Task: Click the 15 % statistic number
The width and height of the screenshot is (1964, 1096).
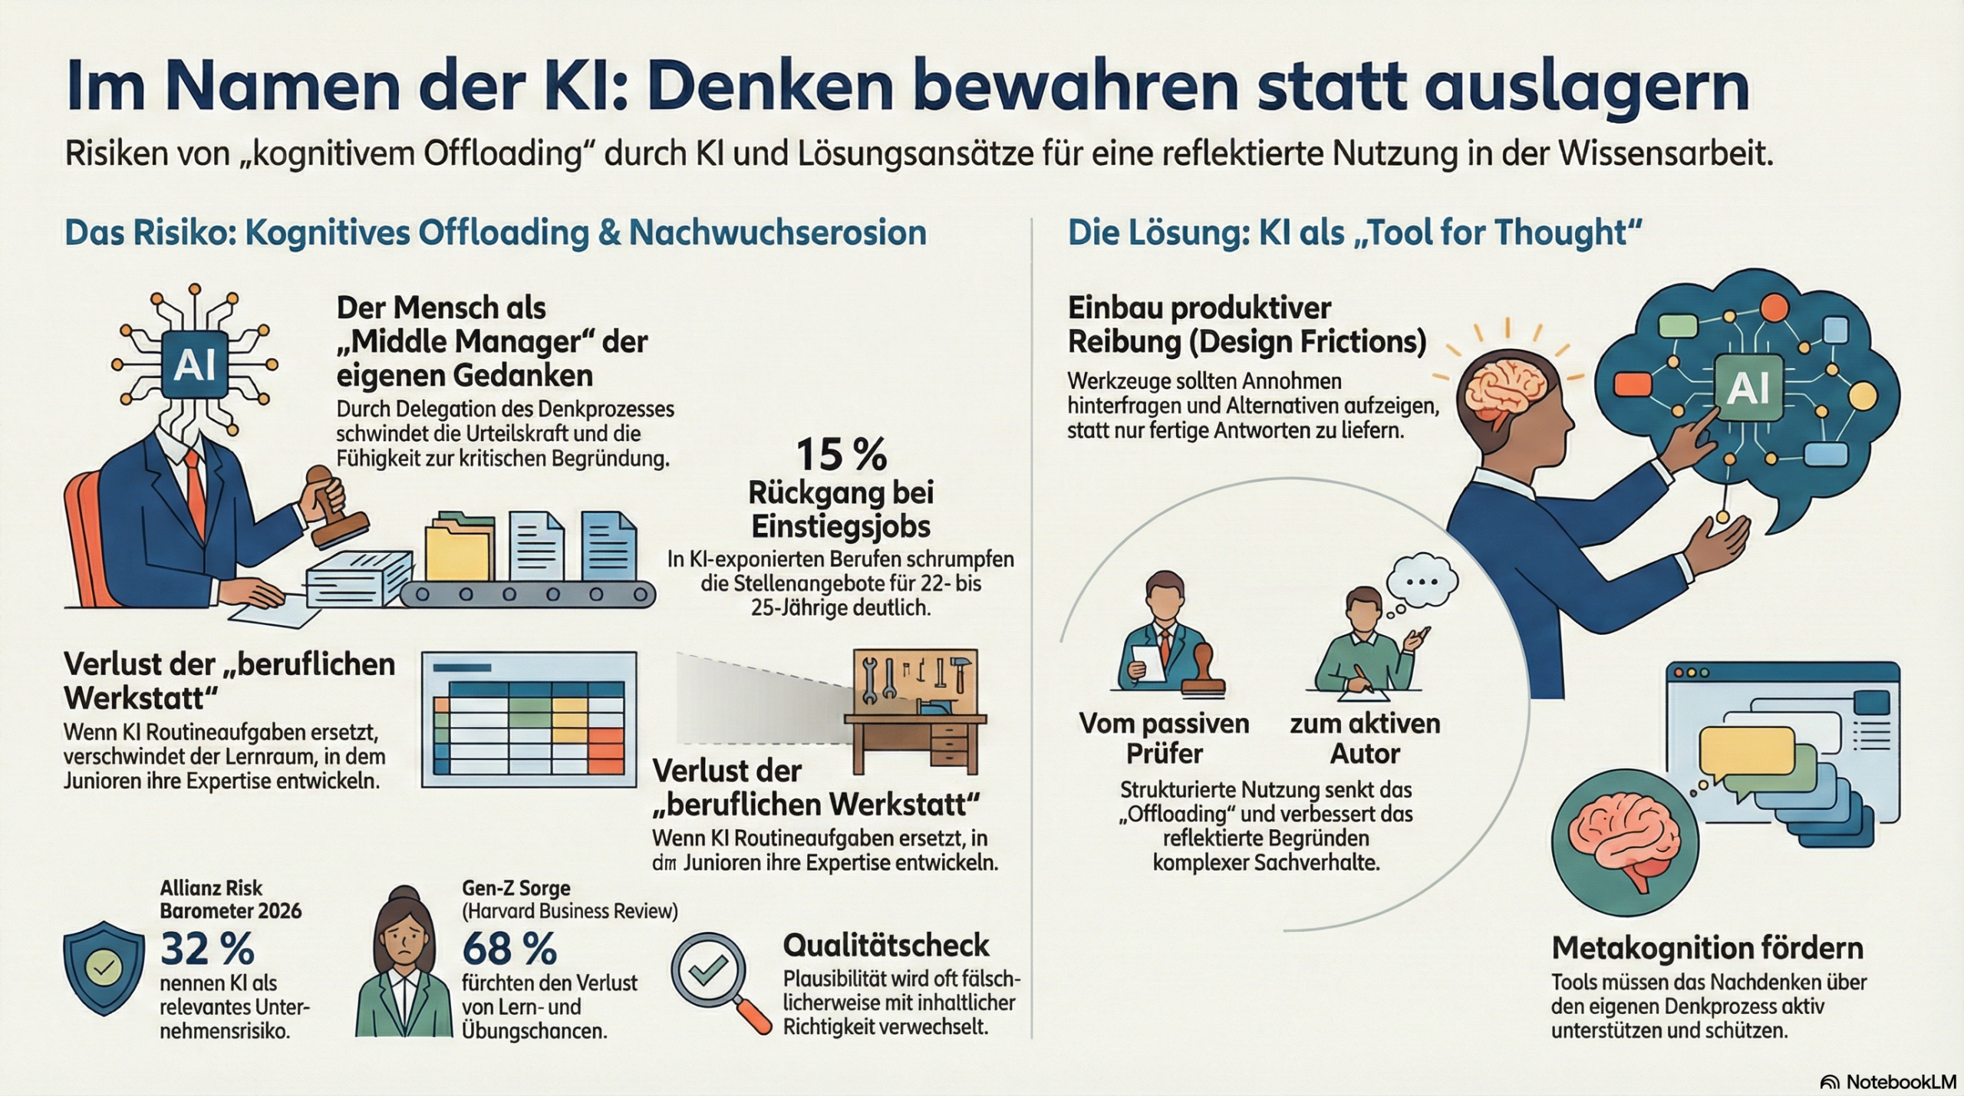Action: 841,455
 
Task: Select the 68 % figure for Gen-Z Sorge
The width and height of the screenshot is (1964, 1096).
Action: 509,949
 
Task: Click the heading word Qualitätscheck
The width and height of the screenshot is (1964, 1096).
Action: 886,946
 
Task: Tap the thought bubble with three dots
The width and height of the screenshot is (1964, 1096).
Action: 1422,582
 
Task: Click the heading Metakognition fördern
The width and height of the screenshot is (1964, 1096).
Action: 1707,949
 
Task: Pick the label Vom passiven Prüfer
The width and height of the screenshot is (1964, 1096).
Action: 1164,738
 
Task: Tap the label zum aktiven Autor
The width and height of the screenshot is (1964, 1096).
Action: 1365,738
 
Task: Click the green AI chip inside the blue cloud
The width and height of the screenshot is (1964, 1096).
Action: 1748,387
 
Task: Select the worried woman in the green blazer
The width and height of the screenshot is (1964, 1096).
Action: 404,966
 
